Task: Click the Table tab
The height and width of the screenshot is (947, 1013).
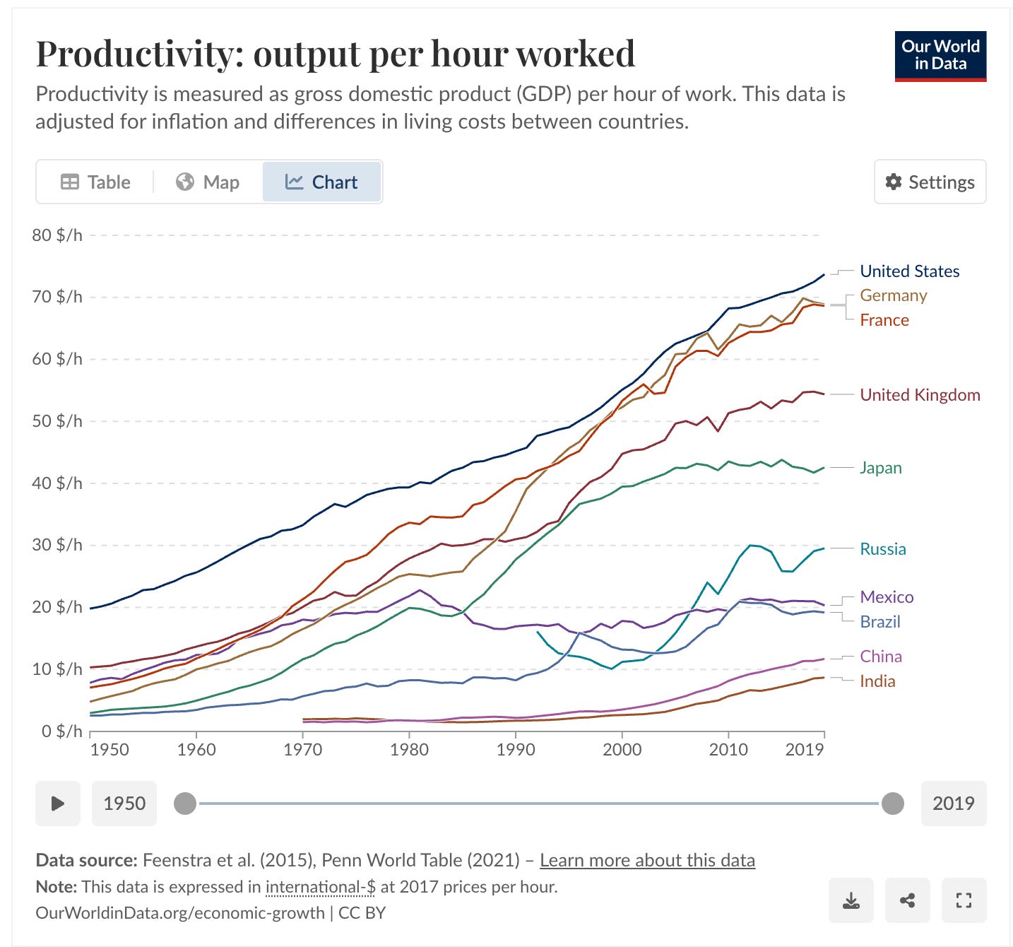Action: pyautogui.click(x=95, y=182)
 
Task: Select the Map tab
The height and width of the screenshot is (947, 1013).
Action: pyautogui.click(x=208, y=182)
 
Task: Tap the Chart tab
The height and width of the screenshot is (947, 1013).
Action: pyautogui.click(x=321, y=182)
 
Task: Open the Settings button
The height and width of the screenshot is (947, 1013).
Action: pyautogui.click(x=930, y=182)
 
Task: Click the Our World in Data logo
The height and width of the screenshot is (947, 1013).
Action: pyautogui.click(x=940, y=56)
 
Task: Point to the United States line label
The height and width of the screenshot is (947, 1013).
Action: pyautogui.click(x=909, y=271)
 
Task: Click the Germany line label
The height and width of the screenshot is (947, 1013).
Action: pyautogui.click(x=893, y=295)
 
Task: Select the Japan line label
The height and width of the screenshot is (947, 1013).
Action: pyautogui.click(x=880, y=468)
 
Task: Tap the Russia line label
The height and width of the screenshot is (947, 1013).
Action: pyautogui.click(x=882, y=549)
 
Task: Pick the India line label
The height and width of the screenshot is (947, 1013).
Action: pyautogui.click(x=877, y=681)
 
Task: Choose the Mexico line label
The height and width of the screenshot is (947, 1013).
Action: pyautogui.click(x=887, y=597)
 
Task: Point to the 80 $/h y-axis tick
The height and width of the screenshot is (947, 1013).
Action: pyautogui.click(x=57, y=235)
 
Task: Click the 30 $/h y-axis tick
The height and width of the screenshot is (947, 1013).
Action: pyautogui.click(x=57, y=545)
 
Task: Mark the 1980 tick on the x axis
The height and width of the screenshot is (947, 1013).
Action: pyautogui.click(x=409, y=750)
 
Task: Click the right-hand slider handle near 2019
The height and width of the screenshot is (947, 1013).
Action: pyautogui.click(x=893, y=804)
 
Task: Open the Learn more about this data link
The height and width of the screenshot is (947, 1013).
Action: pyautogui.click(x=647, y=860)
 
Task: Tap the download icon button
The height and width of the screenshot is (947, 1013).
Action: pyautogui.click(x=851, y=900)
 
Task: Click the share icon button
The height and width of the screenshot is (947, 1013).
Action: pyautogui.click(x=908, y=900)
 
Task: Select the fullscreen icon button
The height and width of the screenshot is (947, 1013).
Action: pyautogui.click(x=964, y=900)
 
